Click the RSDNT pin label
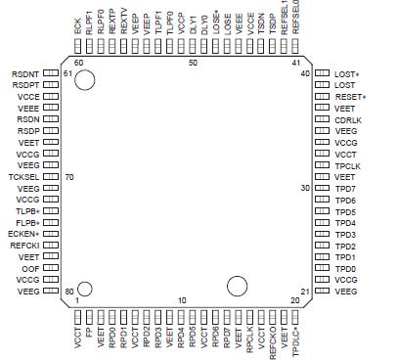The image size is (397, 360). (25, 74)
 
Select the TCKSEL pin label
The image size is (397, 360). (23, 176)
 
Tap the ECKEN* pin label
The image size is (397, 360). (24, 233)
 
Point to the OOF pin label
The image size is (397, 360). (31, 267)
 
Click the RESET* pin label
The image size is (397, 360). (350, 98)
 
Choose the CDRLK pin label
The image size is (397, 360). (347, 120)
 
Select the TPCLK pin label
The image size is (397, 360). (347, 165)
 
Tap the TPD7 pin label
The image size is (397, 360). (344, 188)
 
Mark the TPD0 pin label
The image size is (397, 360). (344, 267)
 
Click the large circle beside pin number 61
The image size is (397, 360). (84, 81)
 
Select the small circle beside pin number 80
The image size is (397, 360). (84, 289)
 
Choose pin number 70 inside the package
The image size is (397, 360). (69, 176)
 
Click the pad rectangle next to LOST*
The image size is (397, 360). (322, 74)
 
